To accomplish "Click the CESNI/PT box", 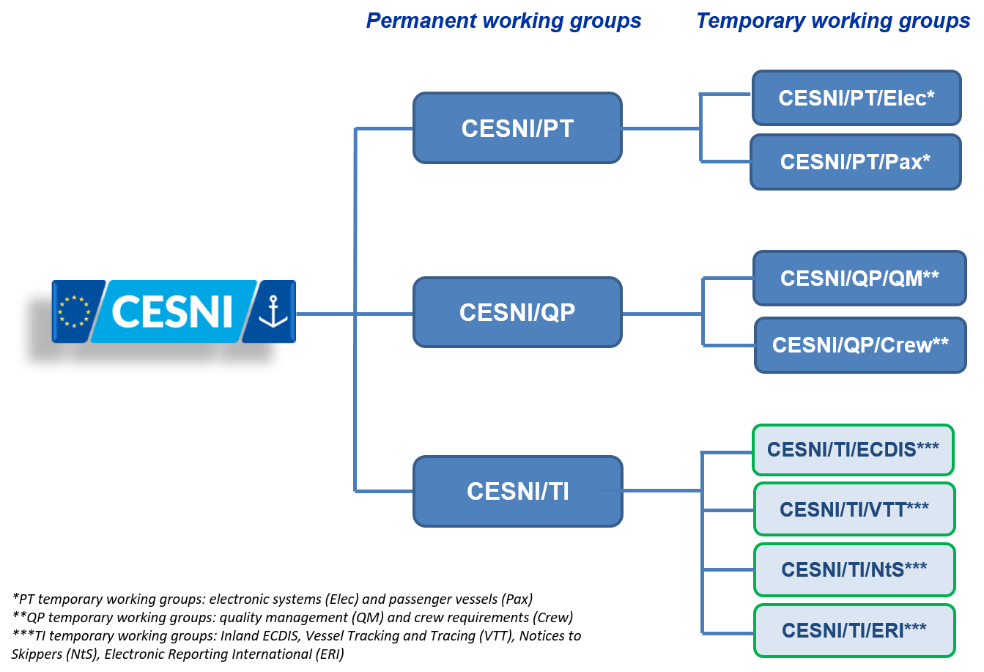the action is tap(517, 128).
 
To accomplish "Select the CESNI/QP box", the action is tap(517, 312).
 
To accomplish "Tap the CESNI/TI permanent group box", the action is tap(518, 491).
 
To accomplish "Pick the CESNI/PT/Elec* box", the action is tap(857, 97).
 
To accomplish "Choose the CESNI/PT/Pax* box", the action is tap(856, 162).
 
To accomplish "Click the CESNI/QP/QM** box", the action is tap(859, 278).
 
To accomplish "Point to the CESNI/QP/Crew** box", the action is tap(861, 345).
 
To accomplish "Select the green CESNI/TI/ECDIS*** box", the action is tap(853, 450).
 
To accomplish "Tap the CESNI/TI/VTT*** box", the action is tap(854, 509).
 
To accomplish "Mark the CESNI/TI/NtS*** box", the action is tap(854, 569).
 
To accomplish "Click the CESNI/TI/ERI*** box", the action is tap(854, 631).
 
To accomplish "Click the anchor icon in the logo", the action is tap(273, 311).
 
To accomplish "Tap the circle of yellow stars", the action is tap(74, 311).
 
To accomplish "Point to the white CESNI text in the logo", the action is tap(172, 311).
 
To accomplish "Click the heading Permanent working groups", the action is tap(504, 21).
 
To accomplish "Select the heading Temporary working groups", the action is tap(833, 21).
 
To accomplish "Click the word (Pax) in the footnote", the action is tap(519, 599).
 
